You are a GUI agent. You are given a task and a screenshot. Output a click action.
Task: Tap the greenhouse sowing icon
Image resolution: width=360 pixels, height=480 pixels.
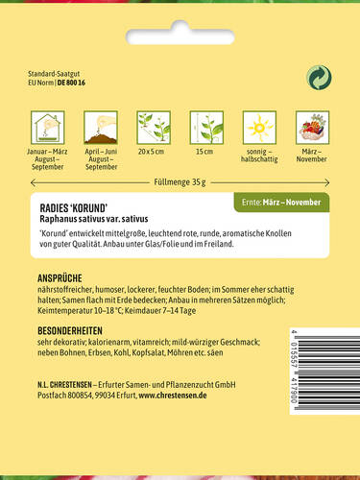pyautogui.click(x=47, y=129)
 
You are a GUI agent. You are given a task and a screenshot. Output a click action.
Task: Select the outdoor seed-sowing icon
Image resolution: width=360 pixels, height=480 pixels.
pyautogui.click(x=101, y=129)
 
